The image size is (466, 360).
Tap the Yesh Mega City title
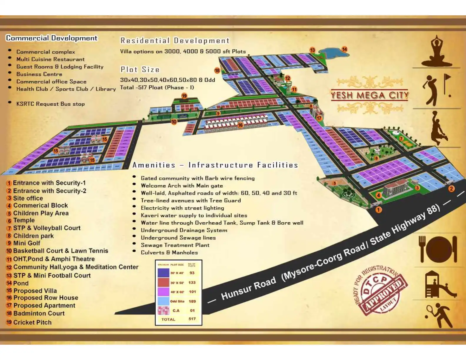point(370,95)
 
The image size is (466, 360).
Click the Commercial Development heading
point(52,38)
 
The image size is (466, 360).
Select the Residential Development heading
point(175,41)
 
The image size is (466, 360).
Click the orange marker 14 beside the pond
point(344,49)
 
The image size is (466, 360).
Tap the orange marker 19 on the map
point(184,96)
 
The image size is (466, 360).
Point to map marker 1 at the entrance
point(379,210)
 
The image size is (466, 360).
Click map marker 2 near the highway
point(451,189)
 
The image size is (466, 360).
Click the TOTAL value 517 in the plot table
point(192,319)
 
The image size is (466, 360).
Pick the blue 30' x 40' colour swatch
point(163,273)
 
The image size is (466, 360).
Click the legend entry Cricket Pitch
point(32,322)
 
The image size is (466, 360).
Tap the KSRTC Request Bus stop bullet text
point(50,104)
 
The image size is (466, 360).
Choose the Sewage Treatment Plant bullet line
point(175,245)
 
